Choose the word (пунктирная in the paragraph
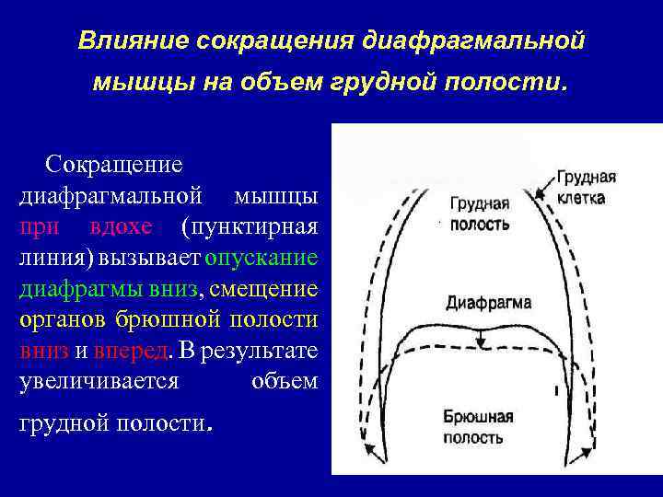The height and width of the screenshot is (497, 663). pos(250,226)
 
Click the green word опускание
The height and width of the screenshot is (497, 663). pos(262,258)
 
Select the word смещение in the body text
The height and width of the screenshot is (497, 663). pos(264,289)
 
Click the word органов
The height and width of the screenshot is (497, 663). pos(63,320)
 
